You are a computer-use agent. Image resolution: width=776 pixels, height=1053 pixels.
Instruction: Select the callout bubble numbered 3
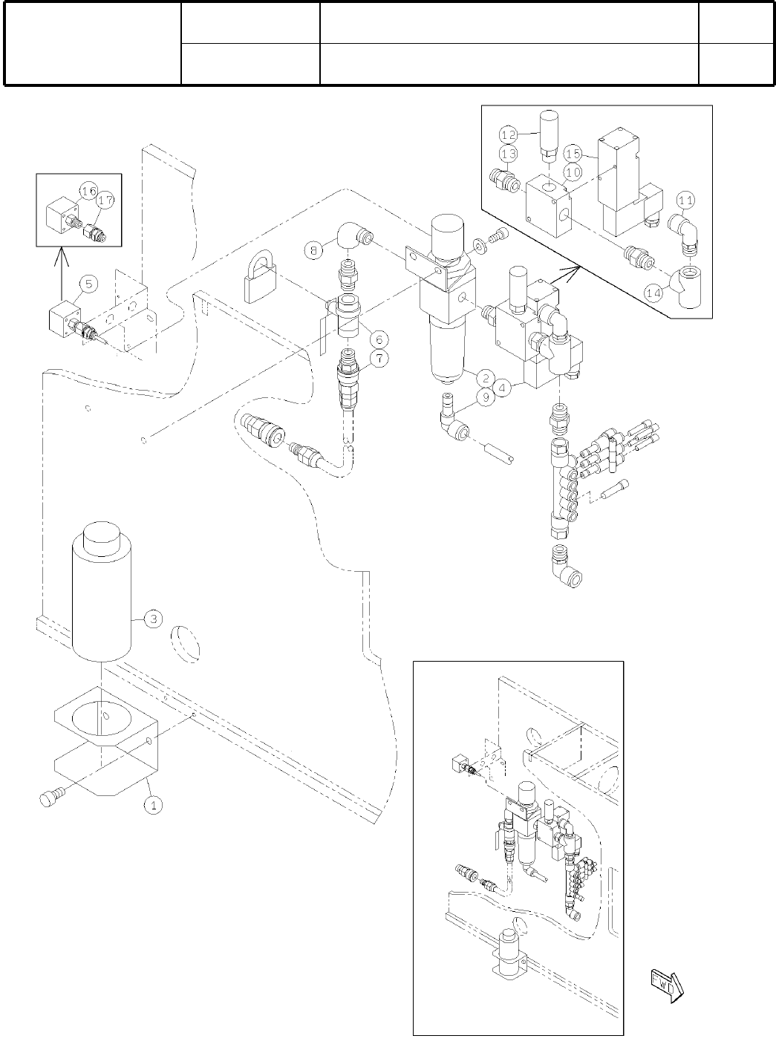click(x=151, y=619)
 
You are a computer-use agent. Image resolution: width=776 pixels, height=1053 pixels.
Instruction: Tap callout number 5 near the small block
click(x=88, y=283)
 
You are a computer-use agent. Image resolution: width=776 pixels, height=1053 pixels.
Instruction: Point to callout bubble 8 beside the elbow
click(x=314, y=250)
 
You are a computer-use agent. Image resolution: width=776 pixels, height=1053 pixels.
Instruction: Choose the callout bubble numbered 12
click(x=508, y=135)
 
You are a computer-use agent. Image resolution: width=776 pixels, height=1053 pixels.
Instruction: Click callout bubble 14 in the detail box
click(x=653, y=293)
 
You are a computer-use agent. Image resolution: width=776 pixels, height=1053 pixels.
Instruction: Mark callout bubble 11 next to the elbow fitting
click(x=686, y=199)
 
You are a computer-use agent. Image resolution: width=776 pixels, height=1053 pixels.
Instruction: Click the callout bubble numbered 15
click(x=572, y=154)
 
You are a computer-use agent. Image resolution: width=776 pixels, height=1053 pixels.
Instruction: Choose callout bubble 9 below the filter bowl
click(x=486, y=397)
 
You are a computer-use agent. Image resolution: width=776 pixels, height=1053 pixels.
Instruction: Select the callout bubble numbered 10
click(x=572, y=172)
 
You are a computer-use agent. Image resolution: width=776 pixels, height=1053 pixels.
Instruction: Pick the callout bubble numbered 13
click(x=508, y=154)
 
